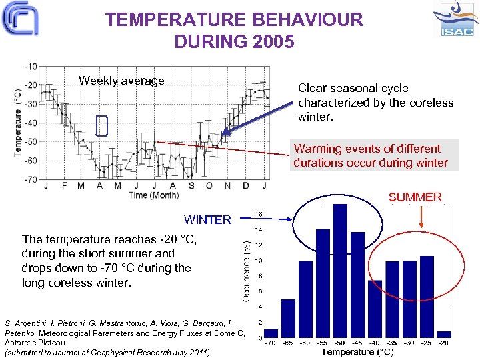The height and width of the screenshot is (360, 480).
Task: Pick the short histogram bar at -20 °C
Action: (444, 334)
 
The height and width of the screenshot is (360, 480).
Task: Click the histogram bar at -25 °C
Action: (427, 297)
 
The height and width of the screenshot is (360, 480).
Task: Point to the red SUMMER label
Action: (415, 197)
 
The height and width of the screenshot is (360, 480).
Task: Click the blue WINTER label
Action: (207, 220)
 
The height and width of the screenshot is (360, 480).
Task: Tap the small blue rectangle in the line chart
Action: (101, 125)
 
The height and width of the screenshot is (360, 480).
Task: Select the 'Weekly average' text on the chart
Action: (121, 81)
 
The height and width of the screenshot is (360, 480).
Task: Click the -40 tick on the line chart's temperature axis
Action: (31, 123)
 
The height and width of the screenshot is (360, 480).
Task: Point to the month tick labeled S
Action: (191, 186)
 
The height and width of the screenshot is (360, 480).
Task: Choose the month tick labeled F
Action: (64, 186)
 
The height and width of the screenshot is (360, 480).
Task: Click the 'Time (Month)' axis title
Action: (153, 195)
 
